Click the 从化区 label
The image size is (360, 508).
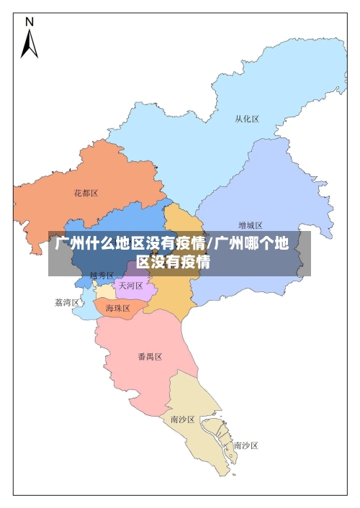click(247, 119)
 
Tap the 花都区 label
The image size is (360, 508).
click(86, 193)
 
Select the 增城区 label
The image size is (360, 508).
click(251, 225)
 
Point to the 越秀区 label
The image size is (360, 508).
click(102, 276)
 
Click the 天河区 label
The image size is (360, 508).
click(130, 286)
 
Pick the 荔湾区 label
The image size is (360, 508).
click(67, 303)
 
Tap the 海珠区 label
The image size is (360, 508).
click(117, 308)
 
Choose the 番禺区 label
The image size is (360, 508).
click(150, 357)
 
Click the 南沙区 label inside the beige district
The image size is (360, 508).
click(182, 419)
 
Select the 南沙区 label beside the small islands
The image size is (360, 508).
click(246, 445)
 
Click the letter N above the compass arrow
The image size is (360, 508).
click(30, 22)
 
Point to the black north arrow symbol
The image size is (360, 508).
click(30, 44)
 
